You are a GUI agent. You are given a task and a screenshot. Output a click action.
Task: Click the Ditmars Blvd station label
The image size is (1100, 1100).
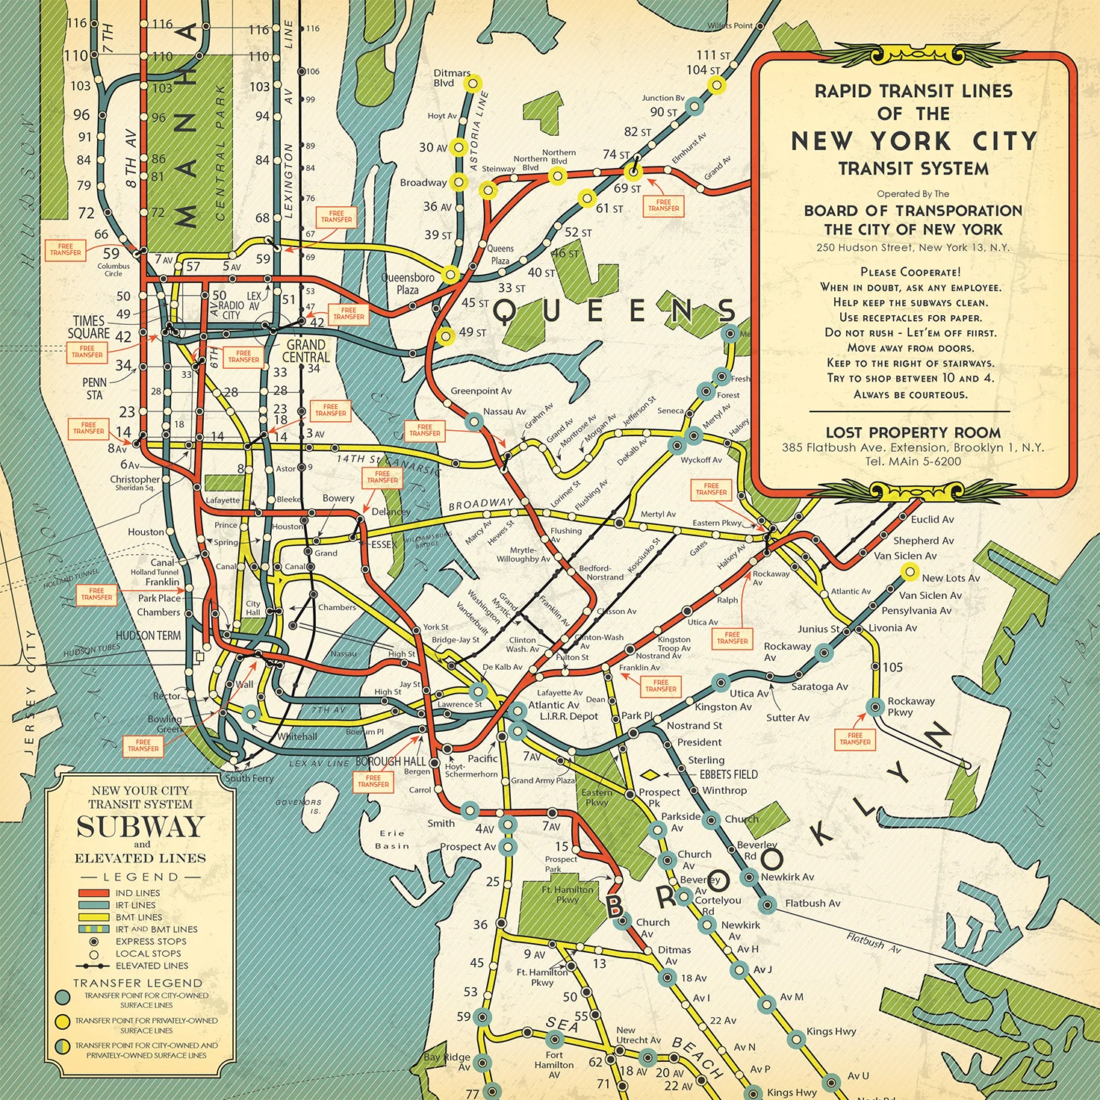[x=452, y=78]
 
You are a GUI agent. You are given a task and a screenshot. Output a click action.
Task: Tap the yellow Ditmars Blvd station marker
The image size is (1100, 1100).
[x=472, y=84]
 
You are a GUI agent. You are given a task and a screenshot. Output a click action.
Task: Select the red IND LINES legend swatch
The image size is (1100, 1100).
[x=93, y=893]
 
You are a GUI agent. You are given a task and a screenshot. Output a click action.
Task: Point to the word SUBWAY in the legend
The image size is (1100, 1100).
[x=140, y=827]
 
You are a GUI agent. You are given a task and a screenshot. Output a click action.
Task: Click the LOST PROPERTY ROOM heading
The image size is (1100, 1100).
[x=913, y=432]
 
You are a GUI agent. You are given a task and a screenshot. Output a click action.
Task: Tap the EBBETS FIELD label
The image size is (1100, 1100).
[x=728, y=774]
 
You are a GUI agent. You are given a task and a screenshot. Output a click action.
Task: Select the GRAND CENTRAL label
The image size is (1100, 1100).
[x=306, y=351]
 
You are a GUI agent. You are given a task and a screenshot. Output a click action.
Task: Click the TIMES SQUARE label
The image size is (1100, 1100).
[x=89, y=327]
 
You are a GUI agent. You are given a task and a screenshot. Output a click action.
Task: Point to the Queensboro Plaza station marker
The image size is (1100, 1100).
[x=450, y=274]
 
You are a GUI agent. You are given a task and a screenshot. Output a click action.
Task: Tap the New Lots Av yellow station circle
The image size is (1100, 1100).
[x=909, y=572]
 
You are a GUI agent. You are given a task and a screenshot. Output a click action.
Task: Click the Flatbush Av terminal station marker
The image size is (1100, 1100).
[x=768, y=904]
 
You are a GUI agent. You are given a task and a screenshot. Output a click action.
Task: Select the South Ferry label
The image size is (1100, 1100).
[x=249, y=778]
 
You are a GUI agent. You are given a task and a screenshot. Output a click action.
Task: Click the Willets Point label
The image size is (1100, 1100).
[x=730, y=25]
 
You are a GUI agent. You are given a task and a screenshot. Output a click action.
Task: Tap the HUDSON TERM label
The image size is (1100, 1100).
[x=148, y=636]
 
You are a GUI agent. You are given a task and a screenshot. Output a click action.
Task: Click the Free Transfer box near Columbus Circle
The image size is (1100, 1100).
[x=66, y=249]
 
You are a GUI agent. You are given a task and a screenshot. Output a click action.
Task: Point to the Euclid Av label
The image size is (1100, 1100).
[x=932, y=520]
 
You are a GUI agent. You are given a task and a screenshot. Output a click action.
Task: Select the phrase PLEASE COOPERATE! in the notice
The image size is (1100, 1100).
[x=910, y=272]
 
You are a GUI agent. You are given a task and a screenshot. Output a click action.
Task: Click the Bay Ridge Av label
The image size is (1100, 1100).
[x=447, y=1061]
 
